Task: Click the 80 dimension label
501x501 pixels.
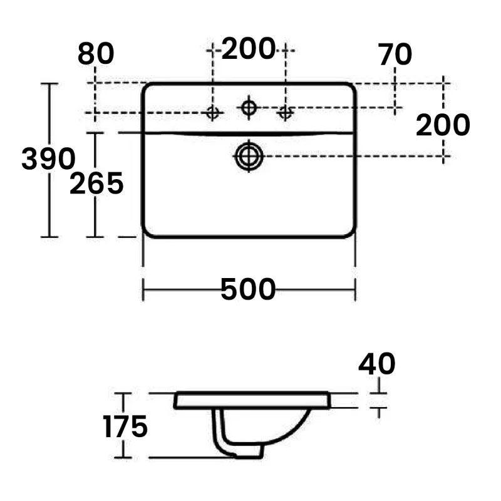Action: (96, 54)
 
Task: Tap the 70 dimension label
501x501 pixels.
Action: (395, 55)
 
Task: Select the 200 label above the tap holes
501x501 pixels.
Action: (249, 48)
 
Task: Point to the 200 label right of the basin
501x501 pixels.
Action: (443, 126)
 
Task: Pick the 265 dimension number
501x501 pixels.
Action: (96, 184)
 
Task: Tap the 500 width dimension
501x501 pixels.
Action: (248, 289)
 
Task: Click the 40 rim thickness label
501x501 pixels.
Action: (377, 364)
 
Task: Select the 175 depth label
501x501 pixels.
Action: (125, 427)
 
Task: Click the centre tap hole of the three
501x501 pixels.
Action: (249, 108)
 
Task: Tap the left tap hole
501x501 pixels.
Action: (213, 113)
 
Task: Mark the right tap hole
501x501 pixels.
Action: (286, 113)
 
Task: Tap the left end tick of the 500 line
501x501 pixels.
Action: (144, 289)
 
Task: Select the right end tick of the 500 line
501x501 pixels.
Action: (355, 289)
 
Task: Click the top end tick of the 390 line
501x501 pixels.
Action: (49, 83)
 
